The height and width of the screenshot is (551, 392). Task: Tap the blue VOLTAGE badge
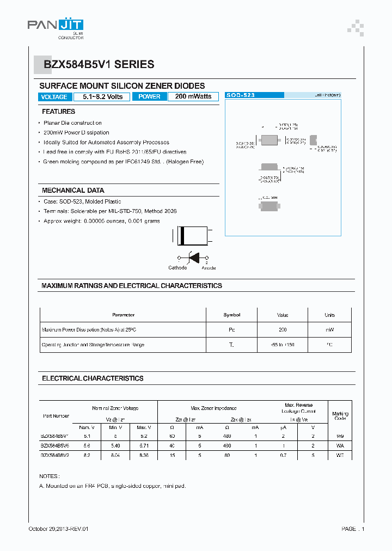[x=54, y=97]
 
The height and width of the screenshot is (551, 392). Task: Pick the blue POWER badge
[x=149, y=97]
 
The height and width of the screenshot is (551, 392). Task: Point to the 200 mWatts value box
[x=193, y=97]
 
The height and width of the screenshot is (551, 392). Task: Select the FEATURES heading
[x=58, y=112]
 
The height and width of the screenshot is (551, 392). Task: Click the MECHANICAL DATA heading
[x=73, y=191]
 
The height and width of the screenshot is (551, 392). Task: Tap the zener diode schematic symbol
[x=192, y=258]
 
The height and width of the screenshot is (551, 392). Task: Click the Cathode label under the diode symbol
[x=177, y=268]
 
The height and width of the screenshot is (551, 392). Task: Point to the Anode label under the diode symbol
[x=209, y=268]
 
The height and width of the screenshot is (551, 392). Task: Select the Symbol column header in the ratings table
[x=231, y=315]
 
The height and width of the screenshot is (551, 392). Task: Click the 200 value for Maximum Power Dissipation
[x=282, y=330]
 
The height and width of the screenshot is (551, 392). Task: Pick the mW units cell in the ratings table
[x=329, y=330]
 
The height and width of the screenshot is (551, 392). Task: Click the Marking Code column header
[x=340, y=416]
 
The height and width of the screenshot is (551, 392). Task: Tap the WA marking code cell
[x=340, y=445]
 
